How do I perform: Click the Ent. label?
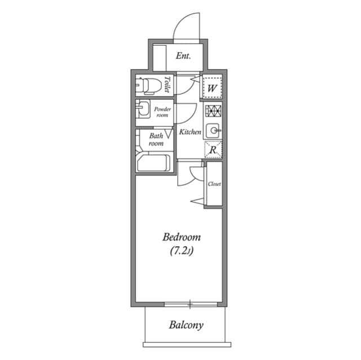pyautogui.click(x=183, y=56)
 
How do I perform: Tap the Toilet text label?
pyautogui.click(x=168, y=85)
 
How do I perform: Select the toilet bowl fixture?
pyautogui.click(x=147, y=86)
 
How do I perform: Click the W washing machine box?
pyautogui.click(x=212, y=88)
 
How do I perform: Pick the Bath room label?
pyautogui.click(x=156, y=139)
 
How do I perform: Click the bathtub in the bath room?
pyautogui.click(x=153, y=163)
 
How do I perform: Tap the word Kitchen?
pyautogui.click(x=190, y=132)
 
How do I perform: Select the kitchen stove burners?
pyautogui.click(x=213, y=110)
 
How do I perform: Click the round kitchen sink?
pyautogui.click(x=213, y=130)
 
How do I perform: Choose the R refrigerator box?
pyautogui.click(x=213, y=150)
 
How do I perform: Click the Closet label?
pyautogui.click(x=214, y=184)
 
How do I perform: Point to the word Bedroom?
pyautogui.click(x=181, y=237)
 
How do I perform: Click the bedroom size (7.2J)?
pyautogui.click(x=181, y=251)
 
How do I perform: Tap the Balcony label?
pyautogui.click(x=186, y=325)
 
